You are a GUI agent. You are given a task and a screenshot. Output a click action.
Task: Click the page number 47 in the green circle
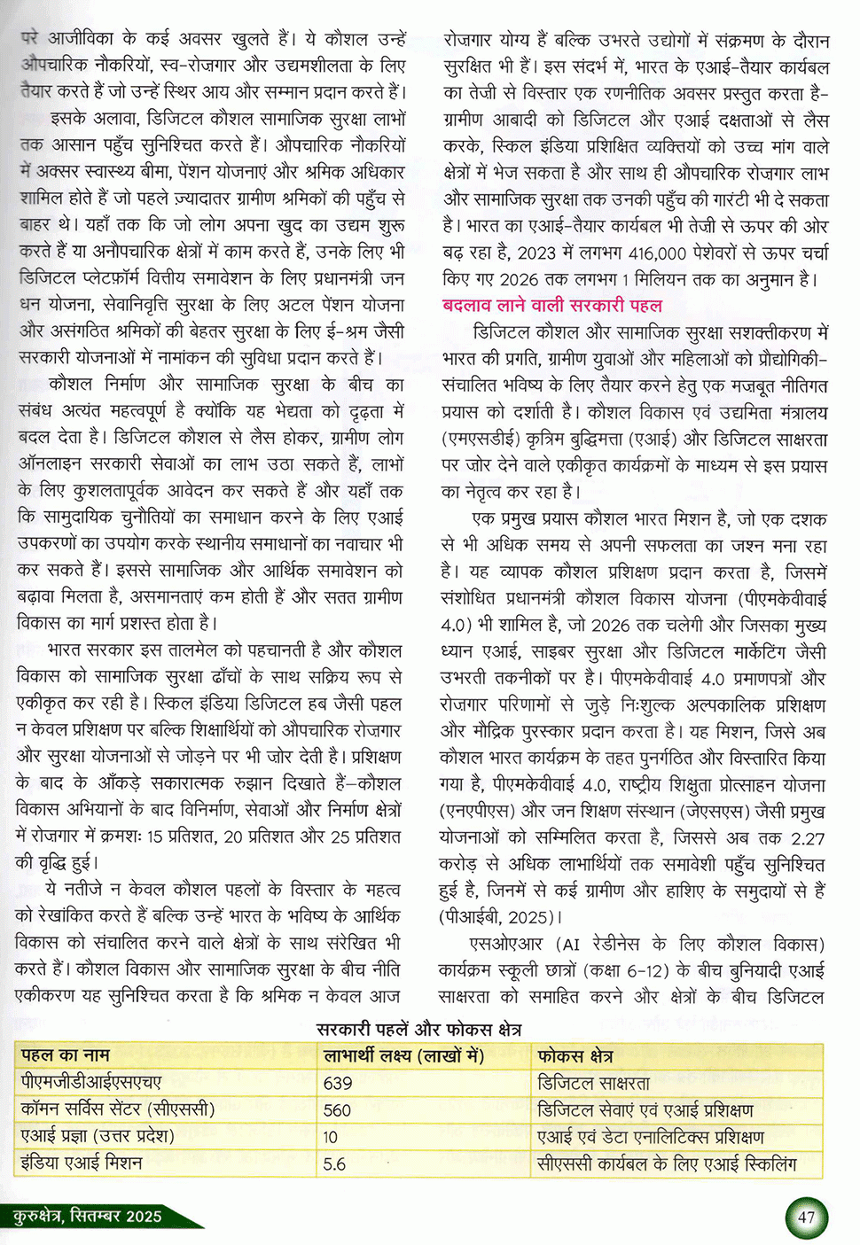point(806,1217)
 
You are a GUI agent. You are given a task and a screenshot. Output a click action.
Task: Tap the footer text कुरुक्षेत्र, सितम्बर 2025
point(88,1216)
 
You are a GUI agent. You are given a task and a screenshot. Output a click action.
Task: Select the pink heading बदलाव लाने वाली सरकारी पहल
point(551,306)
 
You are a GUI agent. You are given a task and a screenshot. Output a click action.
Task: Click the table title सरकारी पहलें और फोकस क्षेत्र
point(418,1030)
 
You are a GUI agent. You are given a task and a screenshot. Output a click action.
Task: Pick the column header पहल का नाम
point(66,1055)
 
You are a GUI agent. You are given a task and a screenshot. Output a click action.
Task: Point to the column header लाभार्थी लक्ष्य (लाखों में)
point(403,1055)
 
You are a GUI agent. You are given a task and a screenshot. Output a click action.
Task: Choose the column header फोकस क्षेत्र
point(575,1056)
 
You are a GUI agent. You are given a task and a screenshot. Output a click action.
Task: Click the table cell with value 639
point(338,1083)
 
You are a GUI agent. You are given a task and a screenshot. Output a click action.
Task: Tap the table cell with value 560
point(338,1110)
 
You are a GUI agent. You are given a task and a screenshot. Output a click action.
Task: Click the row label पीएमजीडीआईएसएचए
point(91,1082)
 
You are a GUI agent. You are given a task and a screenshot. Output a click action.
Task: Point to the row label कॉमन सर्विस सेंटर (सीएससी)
point(118,1109)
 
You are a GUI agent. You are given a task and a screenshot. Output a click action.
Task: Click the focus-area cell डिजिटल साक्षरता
point(594,1083)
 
